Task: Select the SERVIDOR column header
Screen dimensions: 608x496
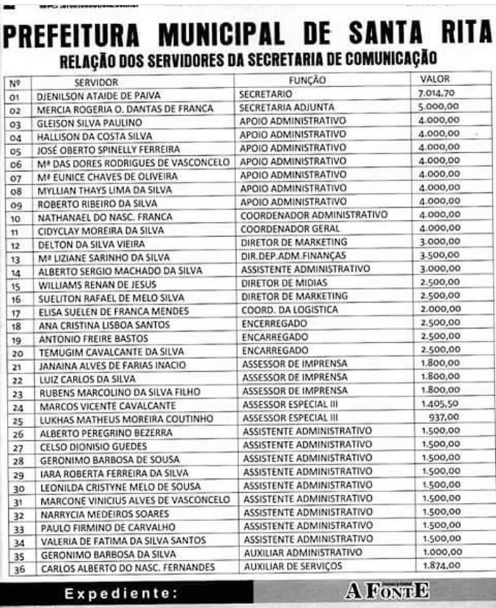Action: pyautogui.click(x=96, y=82)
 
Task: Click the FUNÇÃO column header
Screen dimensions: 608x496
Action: pyautogui.click(x=307, y=80)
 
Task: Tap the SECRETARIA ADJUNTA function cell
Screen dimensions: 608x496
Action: pyautogui.click(x=287, y=107)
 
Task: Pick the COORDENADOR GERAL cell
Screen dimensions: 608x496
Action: pyautogui.click(x=291, y=228)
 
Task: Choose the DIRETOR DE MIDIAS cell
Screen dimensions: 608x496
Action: pyautogui.click(x=284, y=282)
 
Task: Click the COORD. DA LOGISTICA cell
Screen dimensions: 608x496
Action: pyautogui.click(x=289, y=310)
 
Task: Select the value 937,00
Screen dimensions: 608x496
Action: pyautogui.click(x=444, y=417)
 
